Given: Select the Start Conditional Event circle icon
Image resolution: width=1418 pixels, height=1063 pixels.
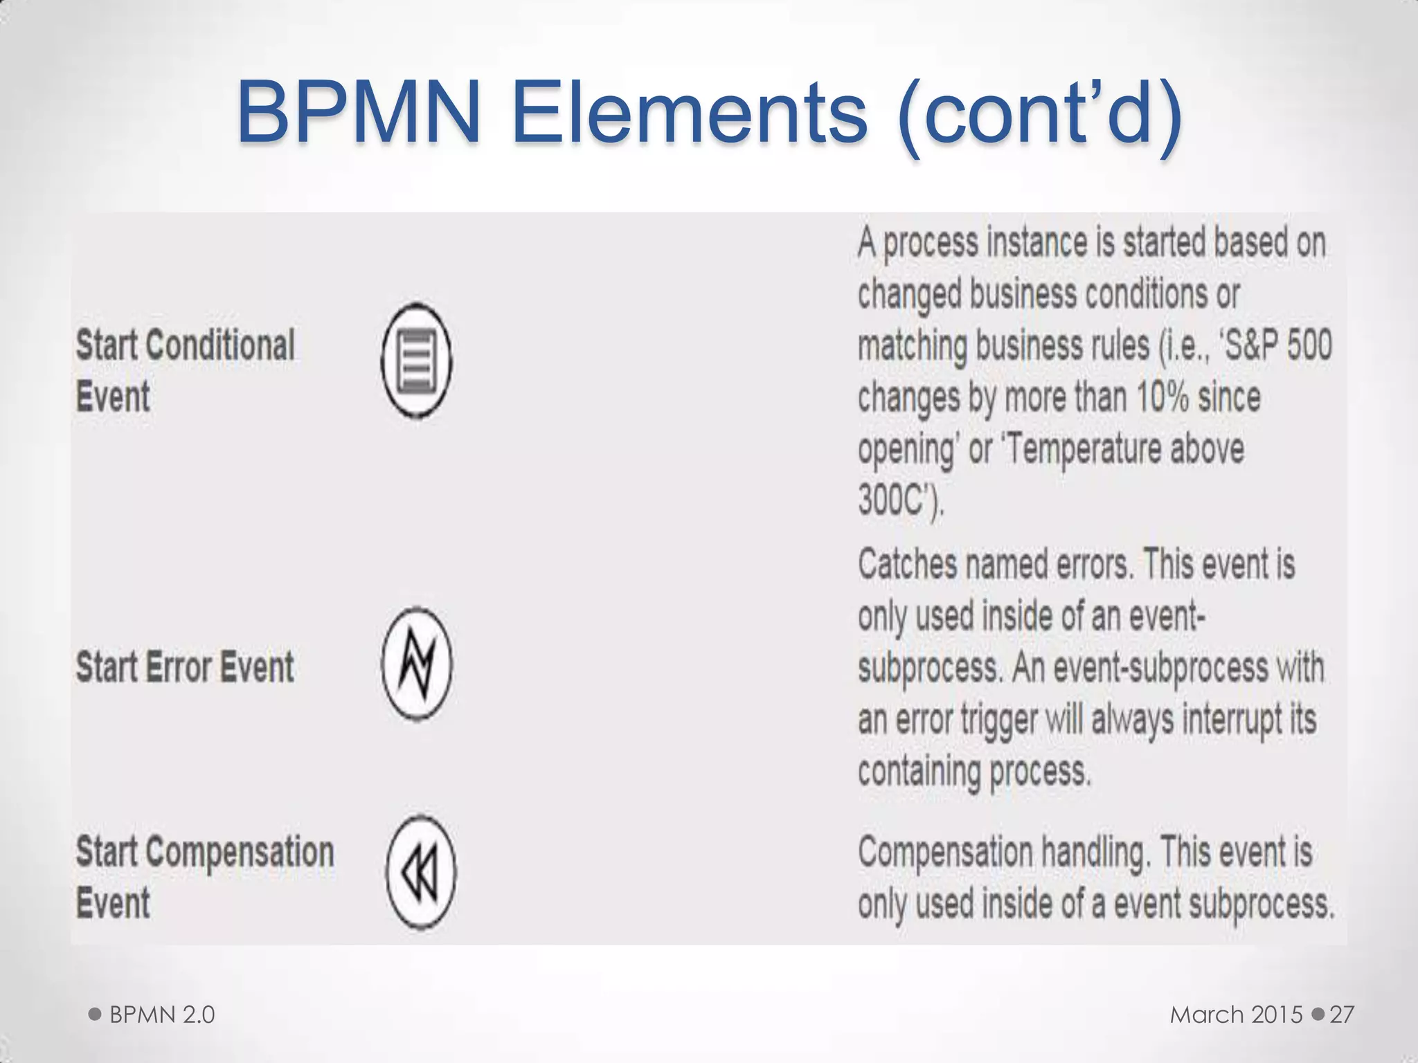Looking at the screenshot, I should (417, 361).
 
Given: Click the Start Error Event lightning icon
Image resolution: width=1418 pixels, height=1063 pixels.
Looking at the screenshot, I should (417, 664).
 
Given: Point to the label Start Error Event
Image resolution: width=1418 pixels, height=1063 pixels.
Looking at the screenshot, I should (185, 667).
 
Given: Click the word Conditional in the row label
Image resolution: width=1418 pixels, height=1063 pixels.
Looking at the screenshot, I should (221, 345).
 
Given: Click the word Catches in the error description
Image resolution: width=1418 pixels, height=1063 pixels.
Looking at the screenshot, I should (907, 565).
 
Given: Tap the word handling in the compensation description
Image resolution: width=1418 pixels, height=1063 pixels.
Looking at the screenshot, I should (1093, 852).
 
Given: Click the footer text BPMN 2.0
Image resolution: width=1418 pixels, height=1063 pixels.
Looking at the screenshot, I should (162, 1015).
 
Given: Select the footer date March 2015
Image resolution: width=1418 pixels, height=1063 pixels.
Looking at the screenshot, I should (1236, 1015).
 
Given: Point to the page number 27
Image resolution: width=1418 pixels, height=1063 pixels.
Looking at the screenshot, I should (1342, 1015).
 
